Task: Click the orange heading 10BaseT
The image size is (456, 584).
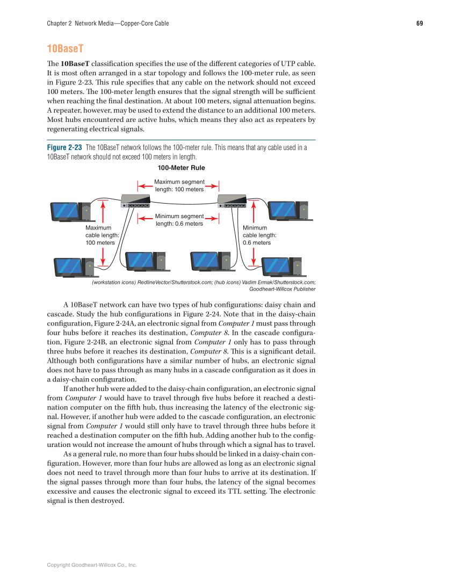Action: (65, 48)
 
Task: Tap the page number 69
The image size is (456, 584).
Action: (419, 23)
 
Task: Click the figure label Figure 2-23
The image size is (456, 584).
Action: (64, 148)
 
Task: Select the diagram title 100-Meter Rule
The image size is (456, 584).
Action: (181, 168)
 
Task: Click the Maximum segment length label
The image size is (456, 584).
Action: (179, 186)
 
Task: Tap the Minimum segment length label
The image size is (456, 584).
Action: (179, 220)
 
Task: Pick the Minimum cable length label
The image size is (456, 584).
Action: (259, 235)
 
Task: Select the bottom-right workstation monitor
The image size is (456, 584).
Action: (276, 266)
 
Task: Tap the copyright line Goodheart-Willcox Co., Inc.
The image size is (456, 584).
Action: (92, 565)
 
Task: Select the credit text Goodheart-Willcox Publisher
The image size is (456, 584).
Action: (283, 289)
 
